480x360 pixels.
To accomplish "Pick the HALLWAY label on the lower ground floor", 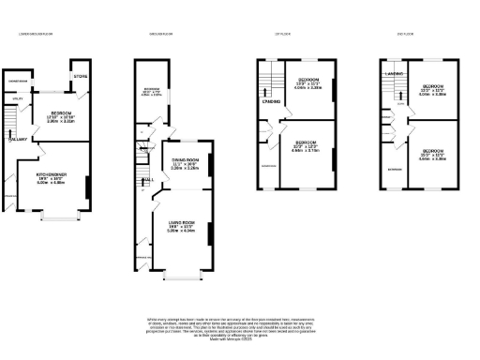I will pyautogui.click(x=18, y=141).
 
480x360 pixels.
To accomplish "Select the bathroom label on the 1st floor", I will pyautogui.click(x=269, y=166).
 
